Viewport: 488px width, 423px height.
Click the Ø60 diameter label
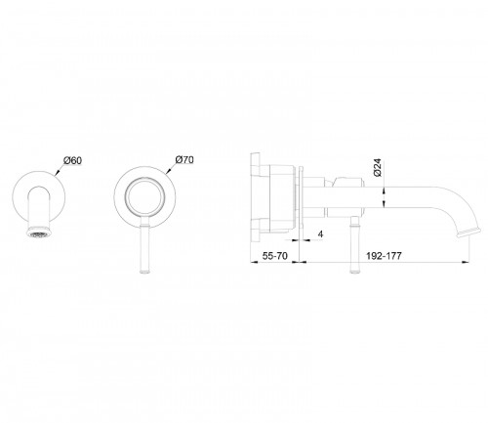tap(73, 160)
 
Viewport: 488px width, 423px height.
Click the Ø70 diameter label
tap(184, 159)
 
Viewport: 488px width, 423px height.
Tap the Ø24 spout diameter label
tap(378, 168)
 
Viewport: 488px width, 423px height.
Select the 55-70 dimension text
tap(275, 256)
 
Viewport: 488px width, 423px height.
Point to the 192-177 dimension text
tap(384, 256)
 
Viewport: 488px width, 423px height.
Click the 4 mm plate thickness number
tap(321, 234)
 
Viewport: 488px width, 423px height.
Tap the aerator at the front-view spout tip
tap(39, 233)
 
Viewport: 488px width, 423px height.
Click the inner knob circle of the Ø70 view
tap(144, 197)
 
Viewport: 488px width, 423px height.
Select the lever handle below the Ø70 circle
tap(144, 245)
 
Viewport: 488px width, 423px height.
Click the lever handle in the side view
tap(354, 245)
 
